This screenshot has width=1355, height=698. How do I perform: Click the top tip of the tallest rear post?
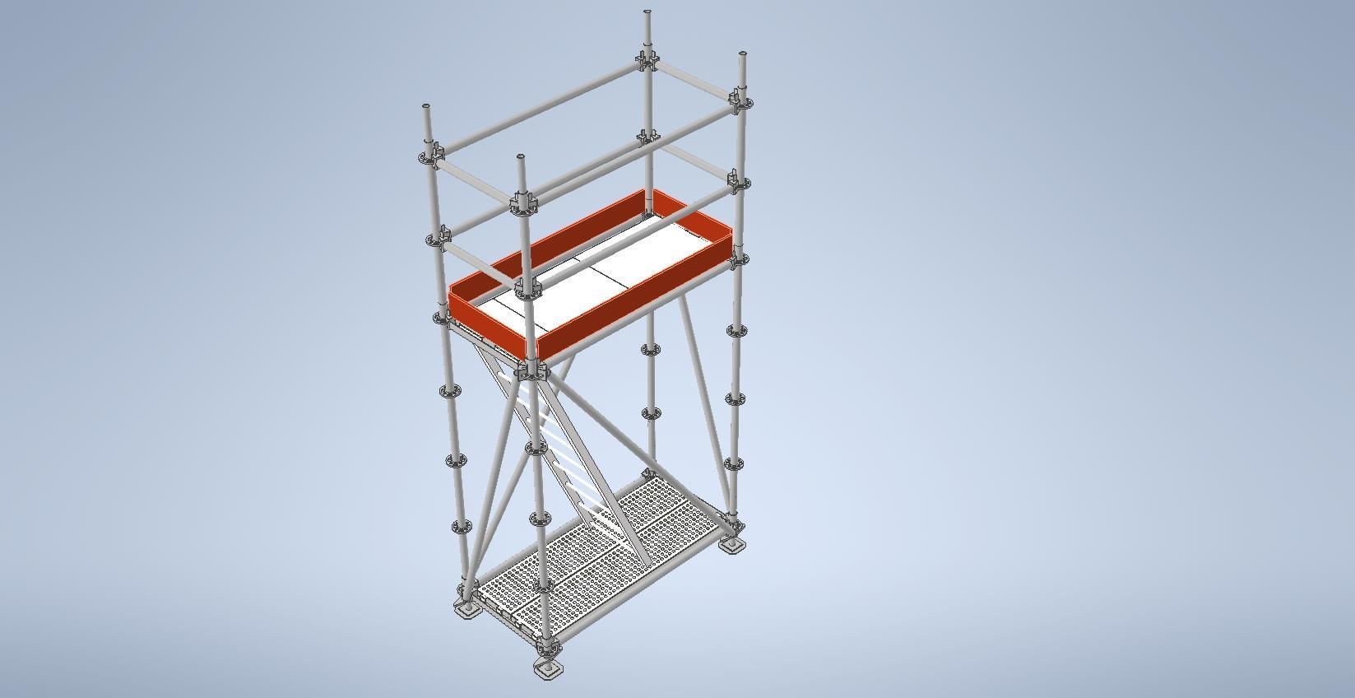coord(647,13)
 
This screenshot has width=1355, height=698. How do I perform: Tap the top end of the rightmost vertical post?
coord(743,55)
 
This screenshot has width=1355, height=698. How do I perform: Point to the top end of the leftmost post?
coord(426,108)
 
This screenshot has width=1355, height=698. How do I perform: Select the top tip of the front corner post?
coord(521,156)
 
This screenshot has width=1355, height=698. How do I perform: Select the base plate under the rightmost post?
coord(731,545)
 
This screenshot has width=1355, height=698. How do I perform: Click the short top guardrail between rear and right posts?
coord(695,82)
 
